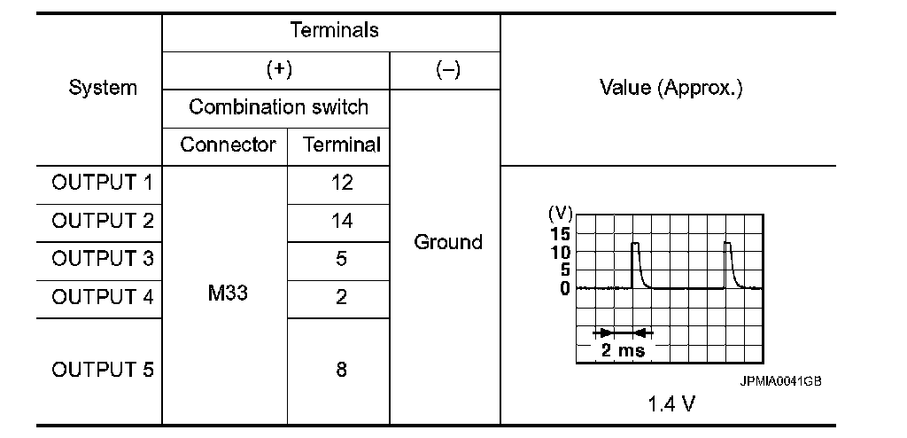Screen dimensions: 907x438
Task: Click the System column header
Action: coord(104,89)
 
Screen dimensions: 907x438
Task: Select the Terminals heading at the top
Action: coord(334,30)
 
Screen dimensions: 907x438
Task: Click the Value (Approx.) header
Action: coord(671,89)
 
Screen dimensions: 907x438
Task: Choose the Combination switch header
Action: coord(279,108)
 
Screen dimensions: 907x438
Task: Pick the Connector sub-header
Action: coord(229,145)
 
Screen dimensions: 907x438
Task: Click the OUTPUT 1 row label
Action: coord(103,184)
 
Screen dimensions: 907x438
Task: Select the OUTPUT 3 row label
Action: coord(103,259)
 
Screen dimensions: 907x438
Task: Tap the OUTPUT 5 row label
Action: coord(103,370)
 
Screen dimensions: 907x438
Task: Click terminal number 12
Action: coord(341,184)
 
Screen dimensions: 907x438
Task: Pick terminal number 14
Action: coord(341,221)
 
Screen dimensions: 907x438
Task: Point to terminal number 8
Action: coord(341,370)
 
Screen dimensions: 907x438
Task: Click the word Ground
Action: coord(448,242)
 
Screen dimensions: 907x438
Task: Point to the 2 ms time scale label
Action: coord(623,349)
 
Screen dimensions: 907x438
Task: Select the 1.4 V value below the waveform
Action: coord(671,404)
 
